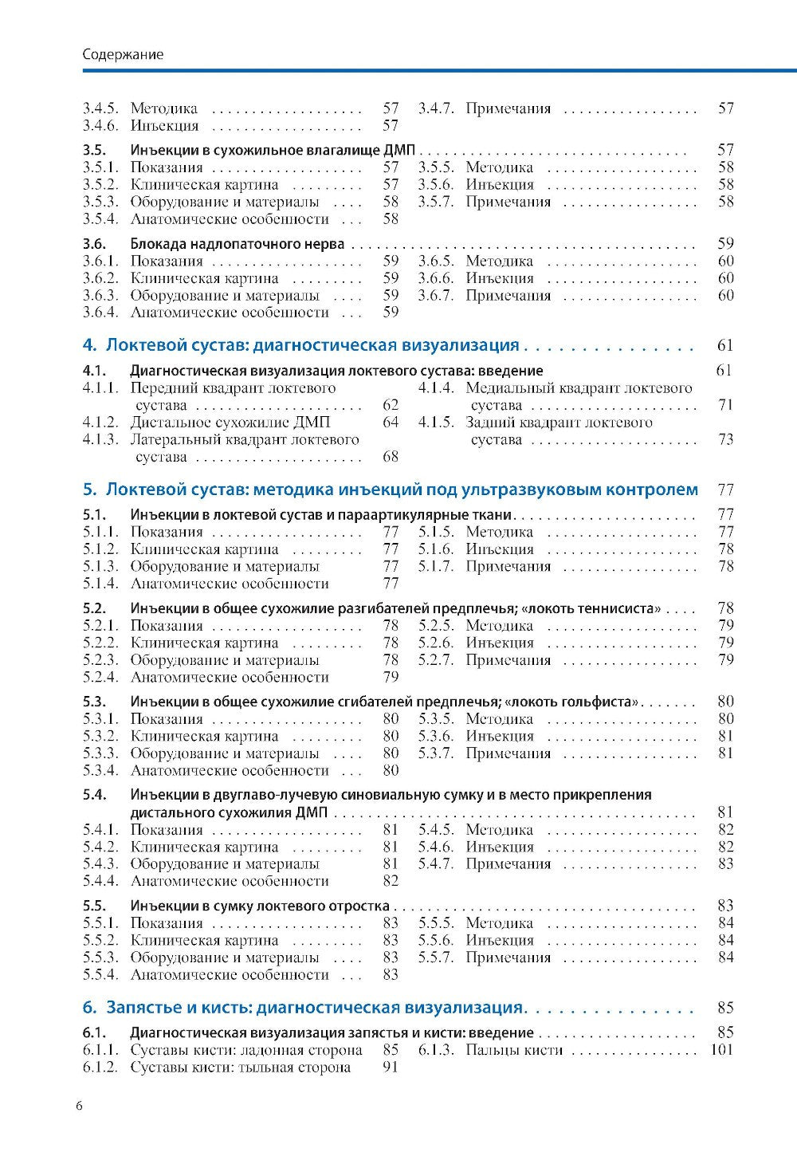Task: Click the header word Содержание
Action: click(123, 55)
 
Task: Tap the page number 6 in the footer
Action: click(78, 1105)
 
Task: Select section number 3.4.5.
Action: click(100, 108)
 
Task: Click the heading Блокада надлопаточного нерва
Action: click(237, 243)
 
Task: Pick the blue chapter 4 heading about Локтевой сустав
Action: click(301, 345)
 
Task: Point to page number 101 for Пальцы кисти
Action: click(720, 1050)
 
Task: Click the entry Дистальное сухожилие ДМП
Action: click(230, 423)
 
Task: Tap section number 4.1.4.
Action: click(436, 388)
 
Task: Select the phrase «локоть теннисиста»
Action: click(595, 608)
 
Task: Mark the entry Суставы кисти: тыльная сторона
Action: click(241, 1068)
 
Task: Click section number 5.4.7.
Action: click(436, 863)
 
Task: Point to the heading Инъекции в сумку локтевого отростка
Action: click(260, 906)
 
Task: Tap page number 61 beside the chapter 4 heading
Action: click(724, 345)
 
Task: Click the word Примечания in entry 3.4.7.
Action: click(508, 108)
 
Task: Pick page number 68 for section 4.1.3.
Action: click(391, 457)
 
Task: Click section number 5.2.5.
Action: click(436, 625)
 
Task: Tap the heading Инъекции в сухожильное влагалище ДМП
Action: click(274, 149)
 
